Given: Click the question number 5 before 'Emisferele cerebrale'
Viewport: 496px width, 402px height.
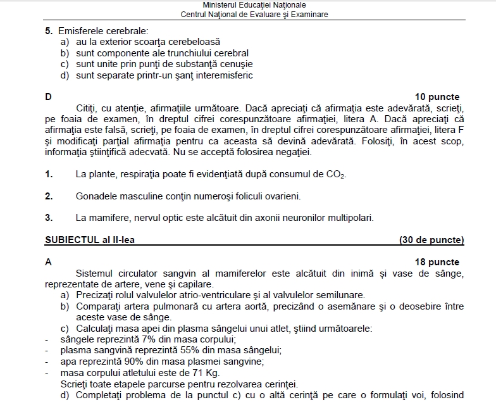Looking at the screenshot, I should [48, 30].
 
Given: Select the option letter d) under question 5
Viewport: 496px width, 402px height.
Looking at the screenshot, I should [65, 75].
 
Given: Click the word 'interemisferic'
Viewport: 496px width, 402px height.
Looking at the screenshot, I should [223, 75].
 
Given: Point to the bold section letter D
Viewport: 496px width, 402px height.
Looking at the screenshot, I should [48, 97].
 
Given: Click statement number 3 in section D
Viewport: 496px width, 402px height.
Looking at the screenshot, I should [48, 218].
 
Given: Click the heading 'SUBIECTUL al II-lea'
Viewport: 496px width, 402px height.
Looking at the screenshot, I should [90, 240].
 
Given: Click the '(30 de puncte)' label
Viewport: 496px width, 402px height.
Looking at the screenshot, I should [431, 240].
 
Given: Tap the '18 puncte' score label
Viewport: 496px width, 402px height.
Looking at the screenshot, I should [437, 262].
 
